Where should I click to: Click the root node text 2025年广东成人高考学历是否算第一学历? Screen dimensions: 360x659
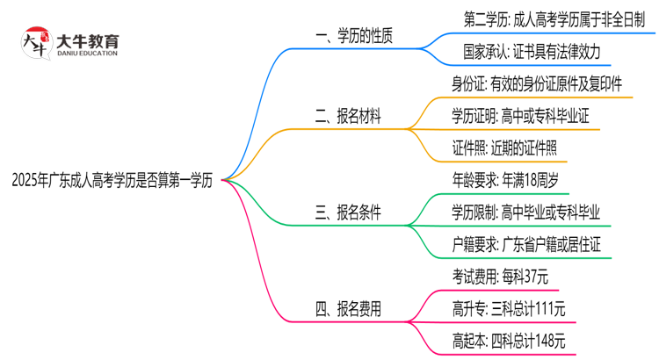[x=112, y=181]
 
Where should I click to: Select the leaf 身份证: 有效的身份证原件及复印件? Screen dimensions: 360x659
[x=538, y=84]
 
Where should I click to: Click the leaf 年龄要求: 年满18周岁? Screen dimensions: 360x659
[x=501, y=180]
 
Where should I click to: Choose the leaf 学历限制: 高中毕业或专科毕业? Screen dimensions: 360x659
[x=525, y=212]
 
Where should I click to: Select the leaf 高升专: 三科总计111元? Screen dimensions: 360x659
[x=508, y=308]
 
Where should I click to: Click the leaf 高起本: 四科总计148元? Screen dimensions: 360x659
[x=508, y=341]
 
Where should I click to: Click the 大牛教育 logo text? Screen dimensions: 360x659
[x=89, y=40]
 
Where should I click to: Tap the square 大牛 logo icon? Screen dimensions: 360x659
[x=36, y=44]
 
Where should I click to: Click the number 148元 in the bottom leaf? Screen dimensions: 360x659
[x=547, y=341]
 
